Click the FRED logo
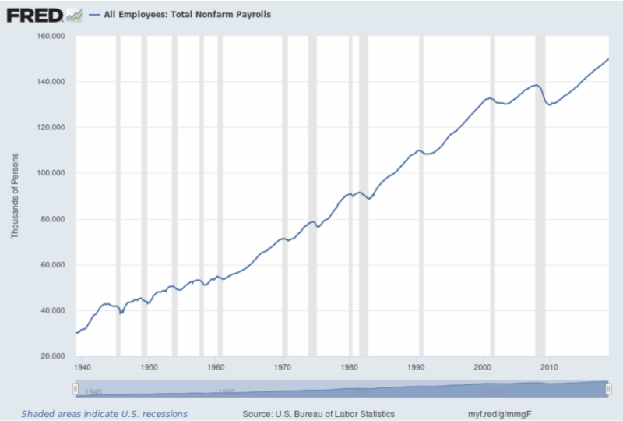click(35, 14)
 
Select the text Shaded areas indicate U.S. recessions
click(104, 413)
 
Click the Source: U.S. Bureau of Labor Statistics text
click(319, 413)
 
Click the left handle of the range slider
click(75, 388)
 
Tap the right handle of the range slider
click(607, 388)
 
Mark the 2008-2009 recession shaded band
click(540, 195)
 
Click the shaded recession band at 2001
click(492, 195)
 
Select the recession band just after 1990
click(421, 195)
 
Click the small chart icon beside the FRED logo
click(74, 14)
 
